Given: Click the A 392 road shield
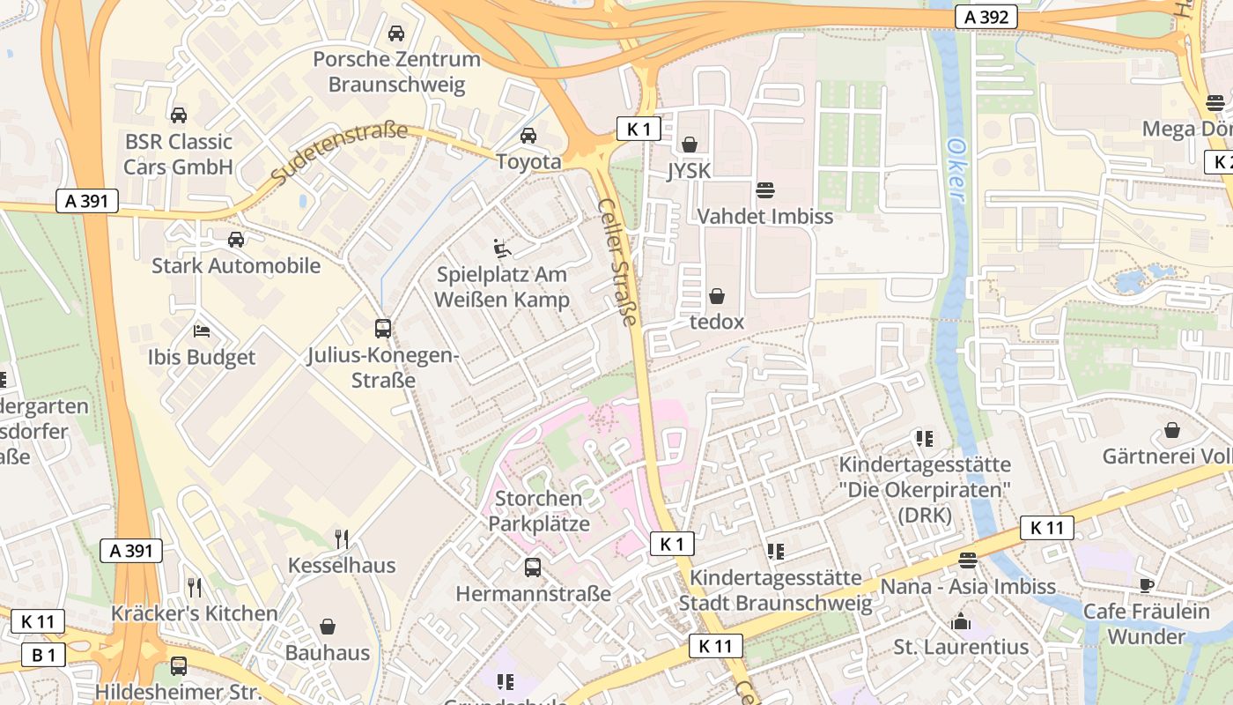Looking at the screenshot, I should (986, 17).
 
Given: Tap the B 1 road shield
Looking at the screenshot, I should (44, 655).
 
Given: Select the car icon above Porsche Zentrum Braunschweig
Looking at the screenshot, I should (396, 33).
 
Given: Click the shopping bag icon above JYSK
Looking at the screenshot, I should (689, 144).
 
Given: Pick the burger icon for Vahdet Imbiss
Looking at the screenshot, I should (764, 189).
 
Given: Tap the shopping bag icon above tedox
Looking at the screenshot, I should (717, 296).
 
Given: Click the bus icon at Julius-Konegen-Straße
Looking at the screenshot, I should (383, 329).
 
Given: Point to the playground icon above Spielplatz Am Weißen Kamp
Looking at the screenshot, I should (502, 249).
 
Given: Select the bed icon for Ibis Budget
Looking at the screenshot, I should (202, 331).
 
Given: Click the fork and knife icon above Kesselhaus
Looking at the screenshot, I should (342, 538).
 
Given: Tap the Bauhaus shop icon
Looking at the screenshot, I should (328, 627).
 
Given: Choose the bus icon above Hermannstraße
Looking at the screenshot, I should (533, 567).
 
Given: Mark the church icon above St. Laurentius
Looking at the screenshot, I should (961, 621).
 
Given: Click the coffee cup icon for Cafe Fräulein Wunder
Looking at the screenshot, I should (1146, 585).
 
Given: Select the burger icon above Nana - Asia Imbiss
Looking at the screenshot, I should (967, 560).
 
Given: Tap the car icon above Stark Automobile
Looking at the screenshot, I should (235, 240).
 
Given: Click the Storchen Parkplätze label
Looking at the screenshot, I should (538, 511).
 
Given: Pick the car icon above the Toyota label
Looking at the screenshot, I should (528, 136).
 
